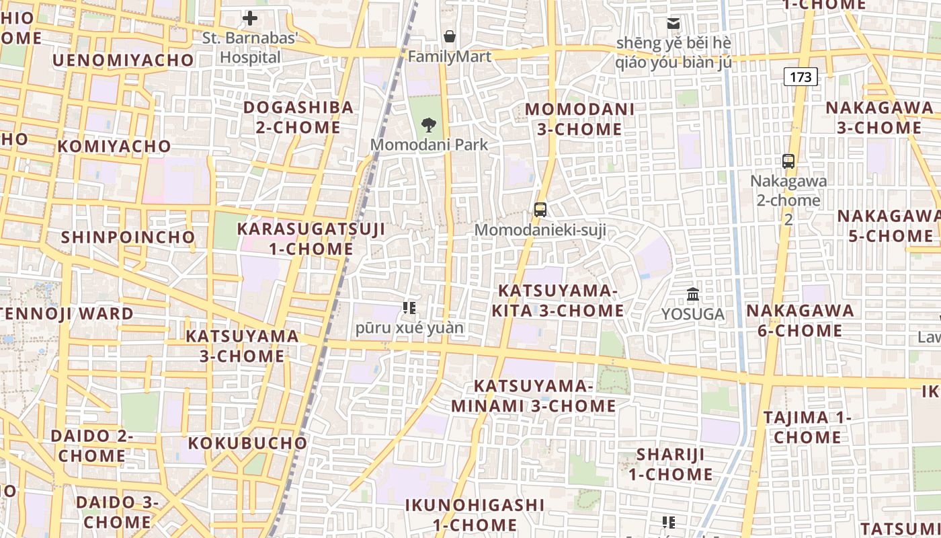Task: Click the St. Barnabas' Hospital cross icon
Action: (x=250, y=18)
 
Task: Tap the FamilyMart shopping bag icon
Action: (x=449, y=36)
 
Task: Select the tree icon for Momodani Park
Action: (x=428, y=124)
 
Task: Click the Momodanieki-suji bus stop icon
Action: (x=540, y=209)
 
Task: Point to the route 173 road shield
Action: (x=801, y=77)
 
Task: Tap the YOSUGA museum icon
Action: (x=693, y=294)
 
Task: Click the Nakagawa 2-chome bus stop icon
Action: (x=788, y=161)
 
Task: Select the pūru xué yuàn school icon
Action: (x=409, y=308)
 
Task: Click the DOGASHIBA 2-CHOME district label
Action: (x=298, y=117)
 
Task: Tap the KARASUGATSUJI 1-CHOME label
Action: (x=311, y=239)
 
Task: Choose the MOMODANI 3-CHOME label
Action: (x=579, y=118)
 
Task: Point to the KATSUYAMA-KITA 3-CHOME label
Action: (x=558, y=300)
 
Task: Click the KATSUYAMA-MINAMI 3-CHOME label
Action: (x=534, y=396)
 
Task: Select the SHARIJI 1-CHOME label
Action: (x=671, y=464)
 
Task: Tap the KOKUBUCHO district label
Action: (x=247, y=443)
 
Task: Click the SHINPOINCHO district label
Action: (x=128, y=237)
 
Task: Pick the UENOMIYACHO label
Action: (x=123, y=61)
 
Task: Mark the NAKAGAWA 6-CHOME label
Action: (x=800, y=320)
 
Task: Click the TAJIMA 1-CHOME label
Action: (x=807, y=427)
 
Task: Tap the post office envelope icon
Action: (x=673, y=24)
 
